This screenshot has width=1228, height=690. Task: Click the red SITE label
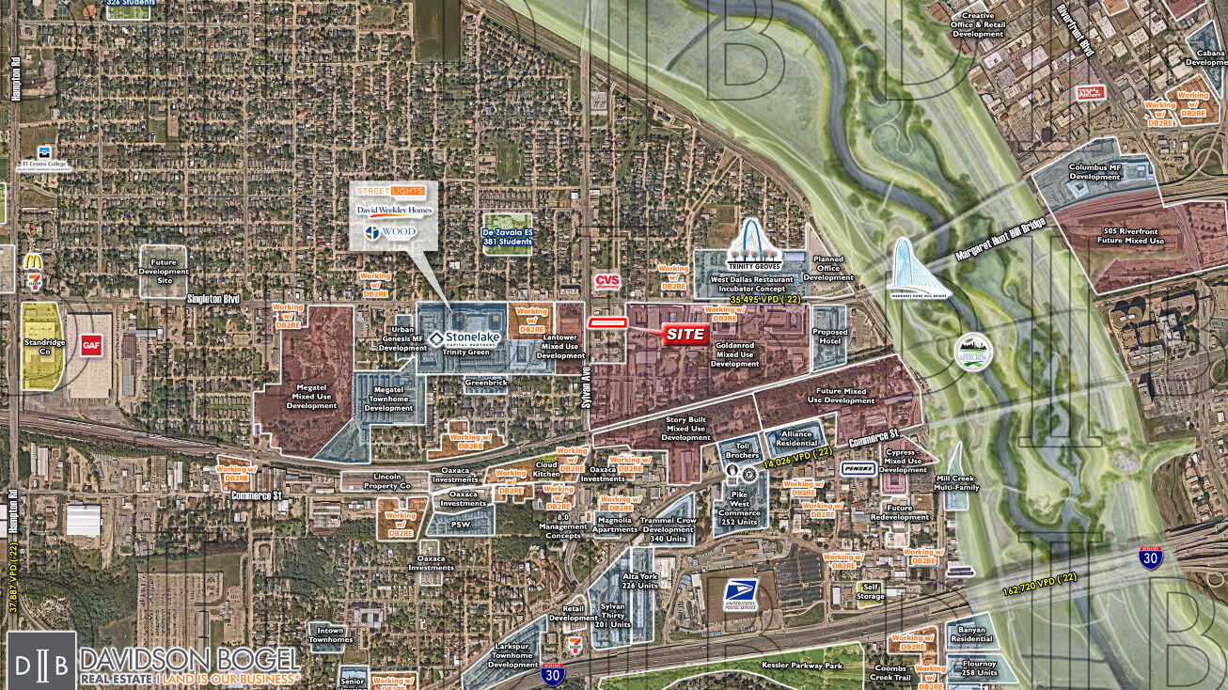point(685,335)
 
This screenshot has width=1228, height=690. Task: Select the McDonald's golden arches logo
point(32,261)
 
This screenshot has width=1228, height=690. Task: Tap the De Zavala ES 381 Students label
point(508,236)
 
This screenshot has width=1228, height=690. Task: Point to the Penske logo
point(858,468)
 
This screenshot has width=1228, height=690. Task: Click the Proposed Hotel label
point(829,337)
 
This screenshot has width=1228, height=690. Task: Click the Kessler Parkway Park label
point(775,666)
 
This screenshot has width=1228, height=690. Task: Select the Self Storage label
point(868,591)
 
